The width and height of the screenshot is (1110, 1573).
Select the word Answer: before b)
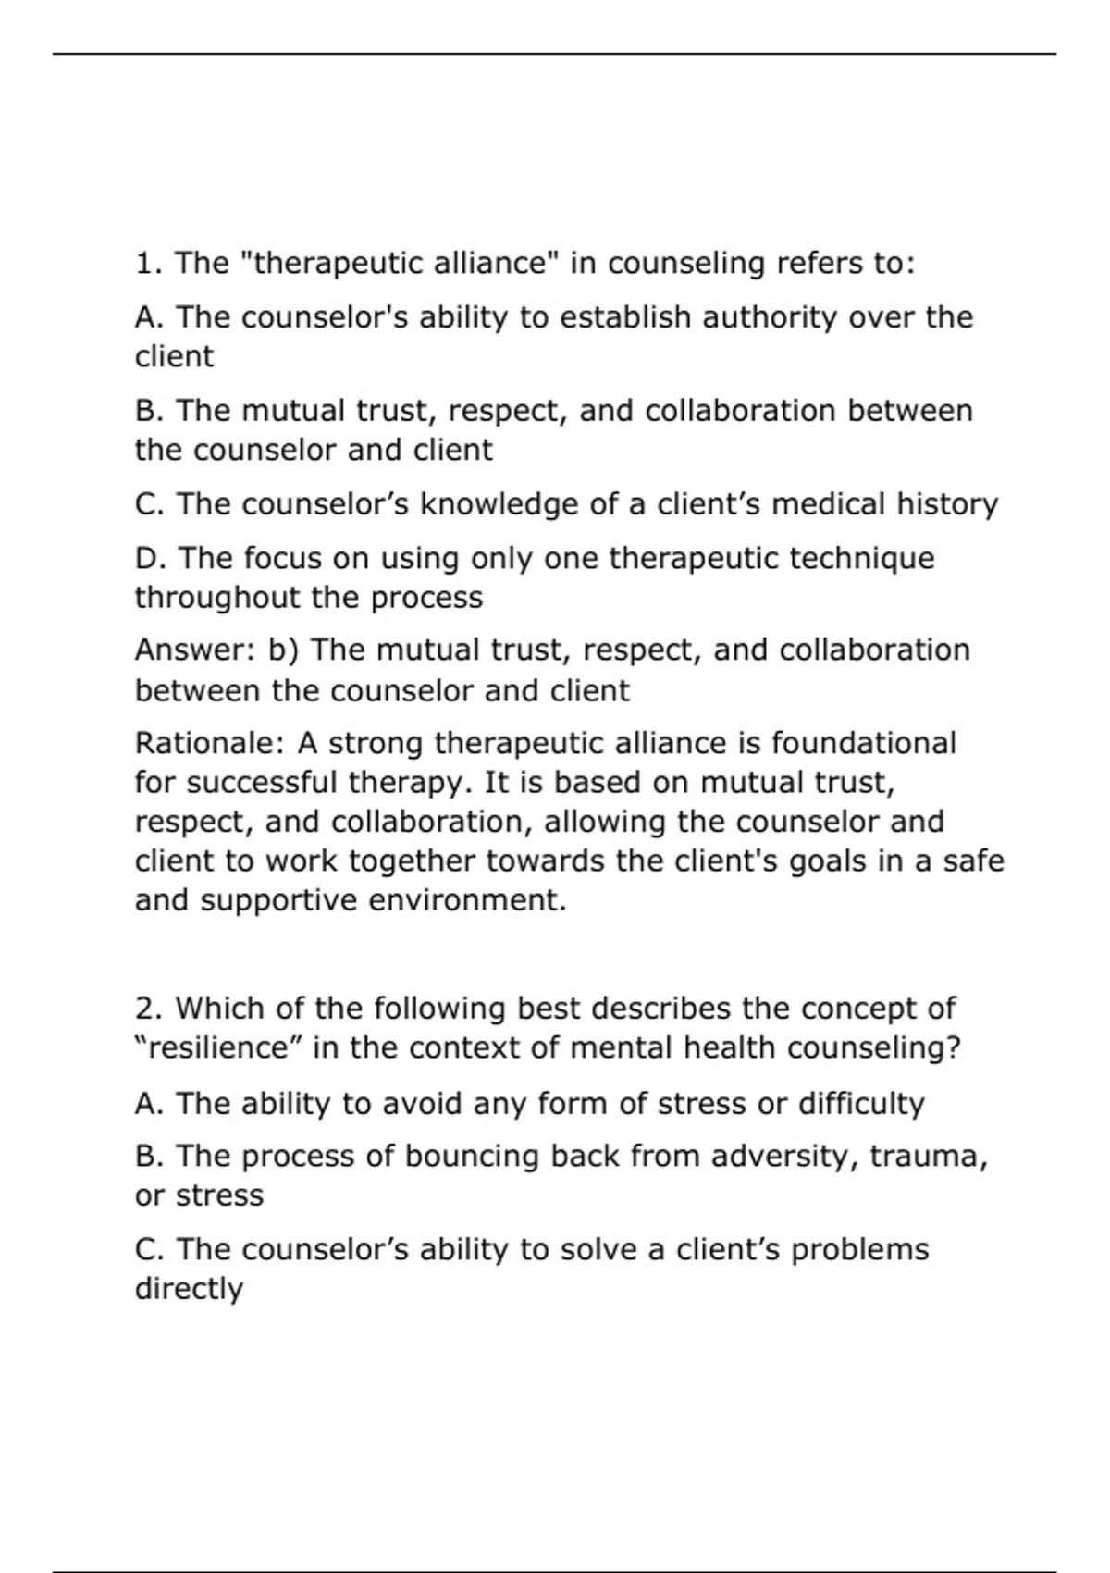click(x=196, y=650)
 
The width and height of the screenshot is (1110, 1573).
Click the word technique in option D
click(x=863, y=559)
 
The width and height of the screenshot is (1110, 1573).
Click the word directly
click(x=189, y=1289)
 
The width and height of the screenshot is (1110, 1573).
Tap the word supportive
click(x=278, y=900)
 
